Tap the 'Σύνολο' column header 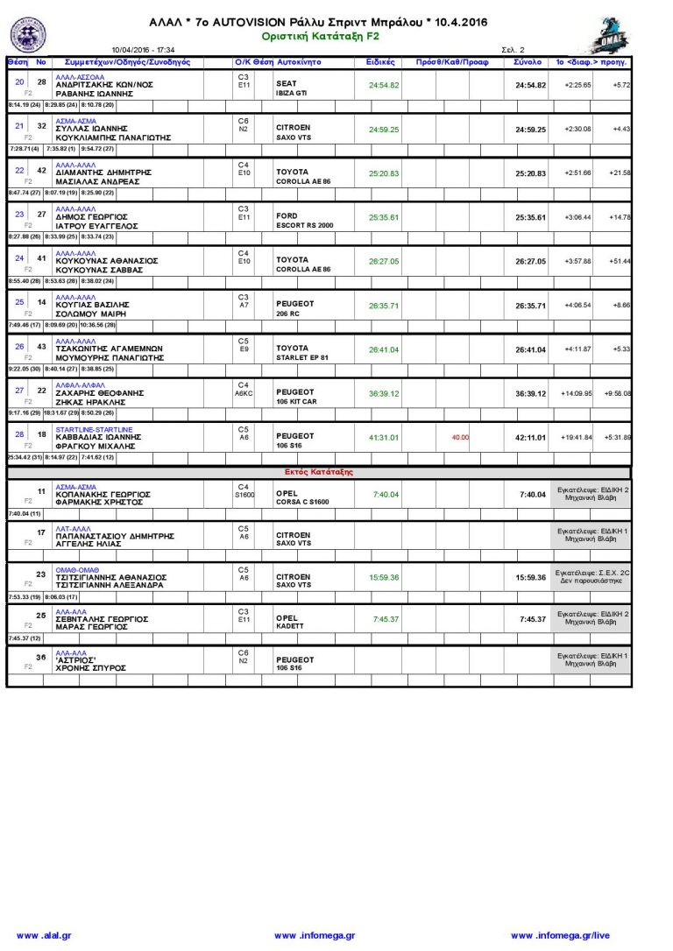click(x=528, y=63)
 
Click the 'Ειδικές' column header click(x=380, y=63)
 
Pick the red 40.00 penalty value click(x=460, y=437)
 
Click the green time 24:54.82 click(x=384, y=85)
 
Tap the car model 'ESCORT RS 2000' click(x=304, y=226)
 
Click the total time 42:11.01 click(x=530, y=437)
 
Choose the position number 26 click(x=20, y=347)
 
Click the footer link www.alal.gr click(x=43, y=936)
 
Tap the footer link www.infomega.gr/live click(x=560, y=936)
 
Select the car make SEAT click(x=287, y=84)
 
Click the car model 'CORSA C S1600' click(x=302, y=502)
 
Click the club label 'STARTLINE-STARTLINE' click(x=94, y=430)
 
